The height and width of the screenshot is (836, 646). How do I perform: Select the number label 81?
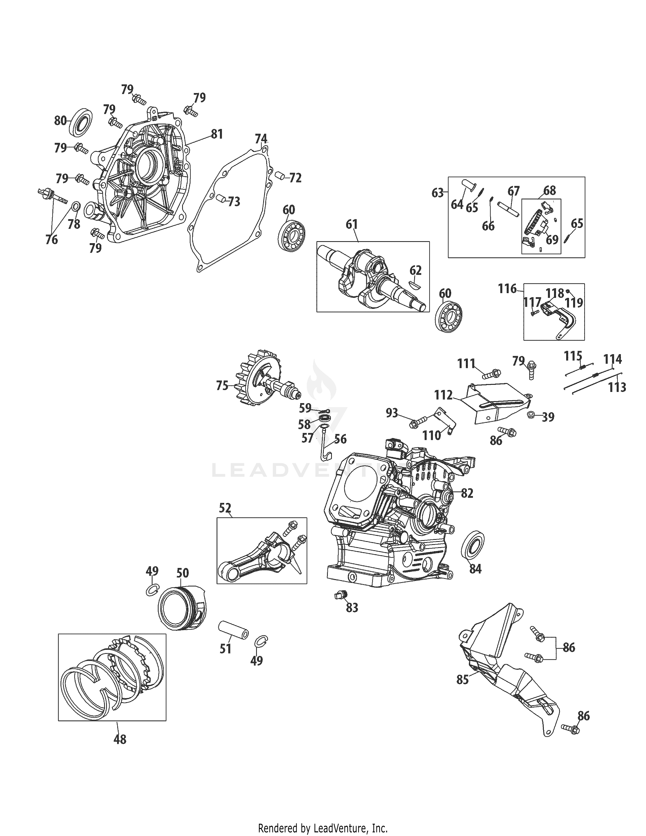click(217, 134)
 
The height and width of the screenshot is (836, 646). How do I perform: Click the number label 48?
click(120, 739)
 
